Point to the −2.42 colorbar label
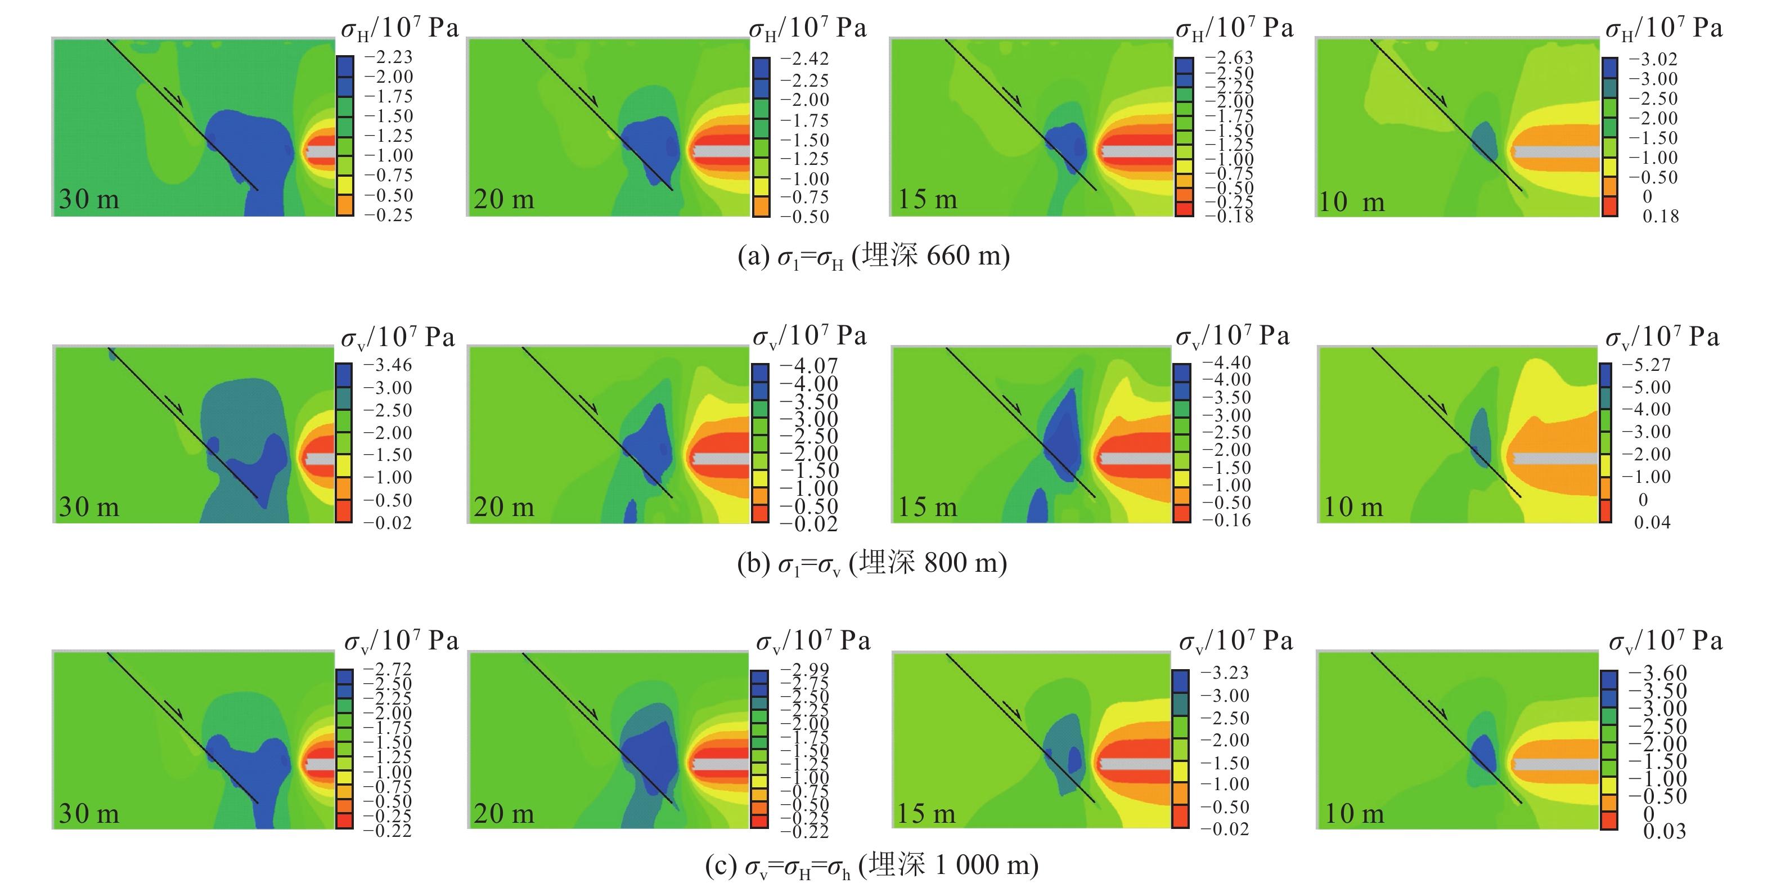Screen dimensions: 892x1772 (x=805, y=59)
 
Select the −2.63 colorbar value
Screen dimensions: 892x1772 (x=1229, y=57)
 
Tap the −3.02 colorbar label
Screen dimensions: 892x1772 (x=1654, y=59)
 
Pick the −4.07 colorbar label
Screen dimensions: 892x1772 (x=808, y=365)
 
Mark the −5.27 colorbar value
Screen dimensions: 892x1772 (x=1646, y=365)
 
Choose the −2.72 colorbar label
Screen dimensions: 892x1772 (x=388, y=669)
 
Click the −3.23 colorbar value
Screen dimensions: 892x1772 (x=1225, y=673)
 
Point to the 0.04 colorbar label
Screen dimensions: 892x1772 (x=1652, y=522)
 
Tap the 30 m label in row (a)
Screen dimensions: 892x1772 (x=89, y=200)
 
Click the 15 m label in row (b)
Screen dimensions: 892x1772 (x=927, y=507)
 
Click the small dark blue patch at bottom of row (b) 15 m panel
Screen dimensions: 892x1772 (x=1037, y=506)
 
